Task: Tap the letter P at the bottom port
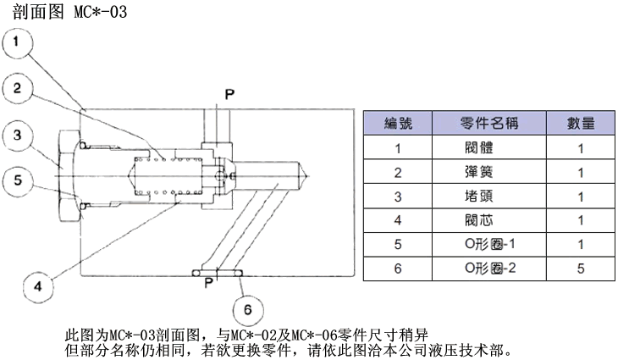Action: point(207,284)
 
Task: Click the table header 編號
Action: point(399,123)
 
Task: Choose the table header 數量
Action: point(580,123)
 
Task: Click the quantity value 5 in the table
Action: point(580,269)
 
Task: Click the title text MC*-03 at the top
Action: point(100,13)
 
